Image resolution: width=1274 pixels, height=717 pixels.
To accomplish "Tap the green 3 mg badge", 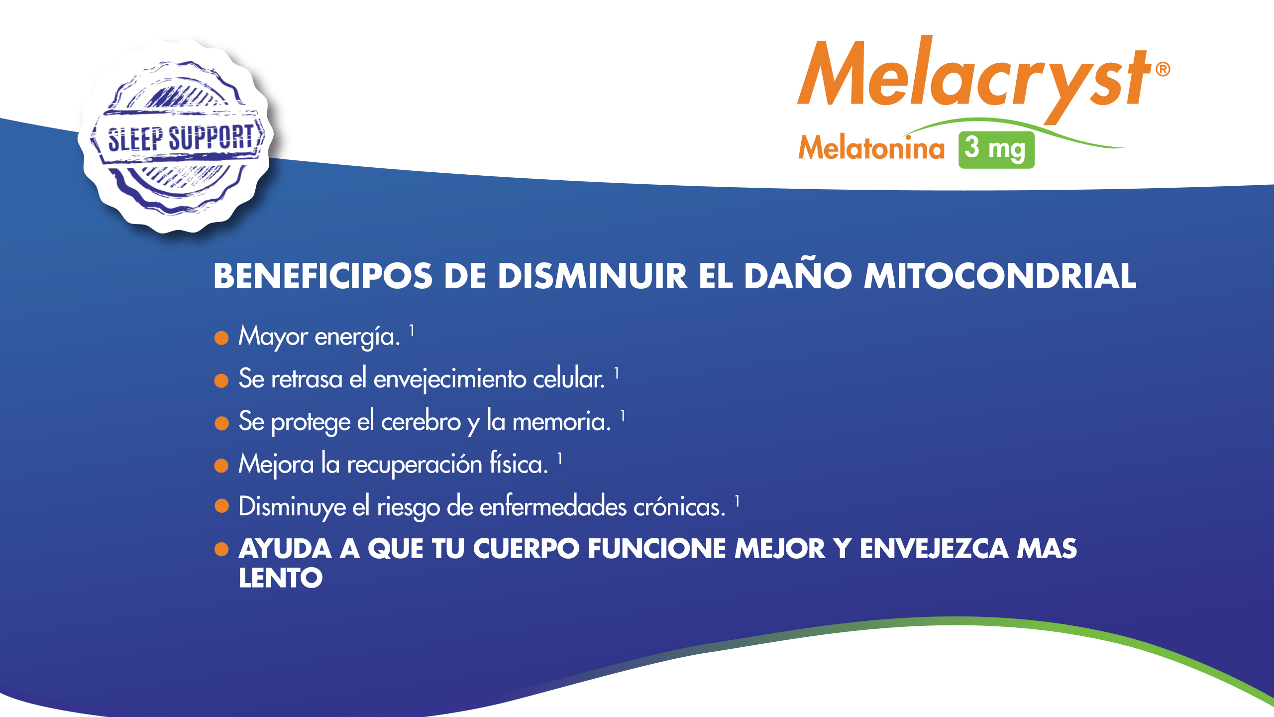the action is click(x=996, y=150).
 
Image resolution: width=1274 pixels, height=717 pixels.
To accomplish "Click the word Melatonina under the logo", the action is click(x=871, y=148).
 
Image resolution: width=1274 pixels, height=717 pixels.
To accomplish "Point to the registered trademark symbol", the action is click(x=1163, y=69).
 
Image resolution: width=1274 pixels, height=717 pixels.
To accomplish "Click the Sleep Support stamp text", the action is click(x=181, y=138).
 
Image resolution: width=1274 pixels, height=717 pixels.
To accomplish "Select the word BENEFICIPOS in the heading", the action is click(x=323, y=276).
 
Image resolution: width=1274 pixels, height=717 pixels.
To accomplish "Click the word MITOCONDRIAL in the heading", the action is click(x=1000, y=276).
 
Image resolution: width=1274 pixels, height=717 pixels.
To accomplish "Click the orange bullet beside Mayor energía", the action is click(x=221, y=338).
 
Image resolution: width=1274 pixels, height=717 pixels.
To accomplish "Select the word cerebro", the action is click(x=421, y=422).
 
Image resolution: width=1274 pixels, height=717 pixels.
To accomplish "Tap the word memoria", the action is click(x=561, y=422).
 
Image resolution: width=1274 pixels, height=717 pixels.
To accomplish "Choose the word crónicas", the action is click(x=679, y=507).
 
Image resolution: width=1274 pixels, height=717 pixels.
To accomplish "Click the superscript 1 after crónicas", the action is click(x=737, y=501).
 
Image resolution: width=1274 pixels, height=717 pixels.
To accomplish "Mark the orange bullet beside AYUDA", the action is click(x=221, y=549).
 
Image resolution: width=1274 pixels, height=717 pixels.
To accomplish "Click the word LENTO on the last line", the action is click(x=281, y=578).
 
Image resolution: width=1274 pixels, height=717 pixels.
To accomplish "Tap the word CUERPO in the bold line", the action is click(x=526, y=549).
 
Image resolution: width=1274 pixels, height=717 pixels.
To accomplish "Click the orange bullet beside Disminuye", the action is click(x=221, y=506).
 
